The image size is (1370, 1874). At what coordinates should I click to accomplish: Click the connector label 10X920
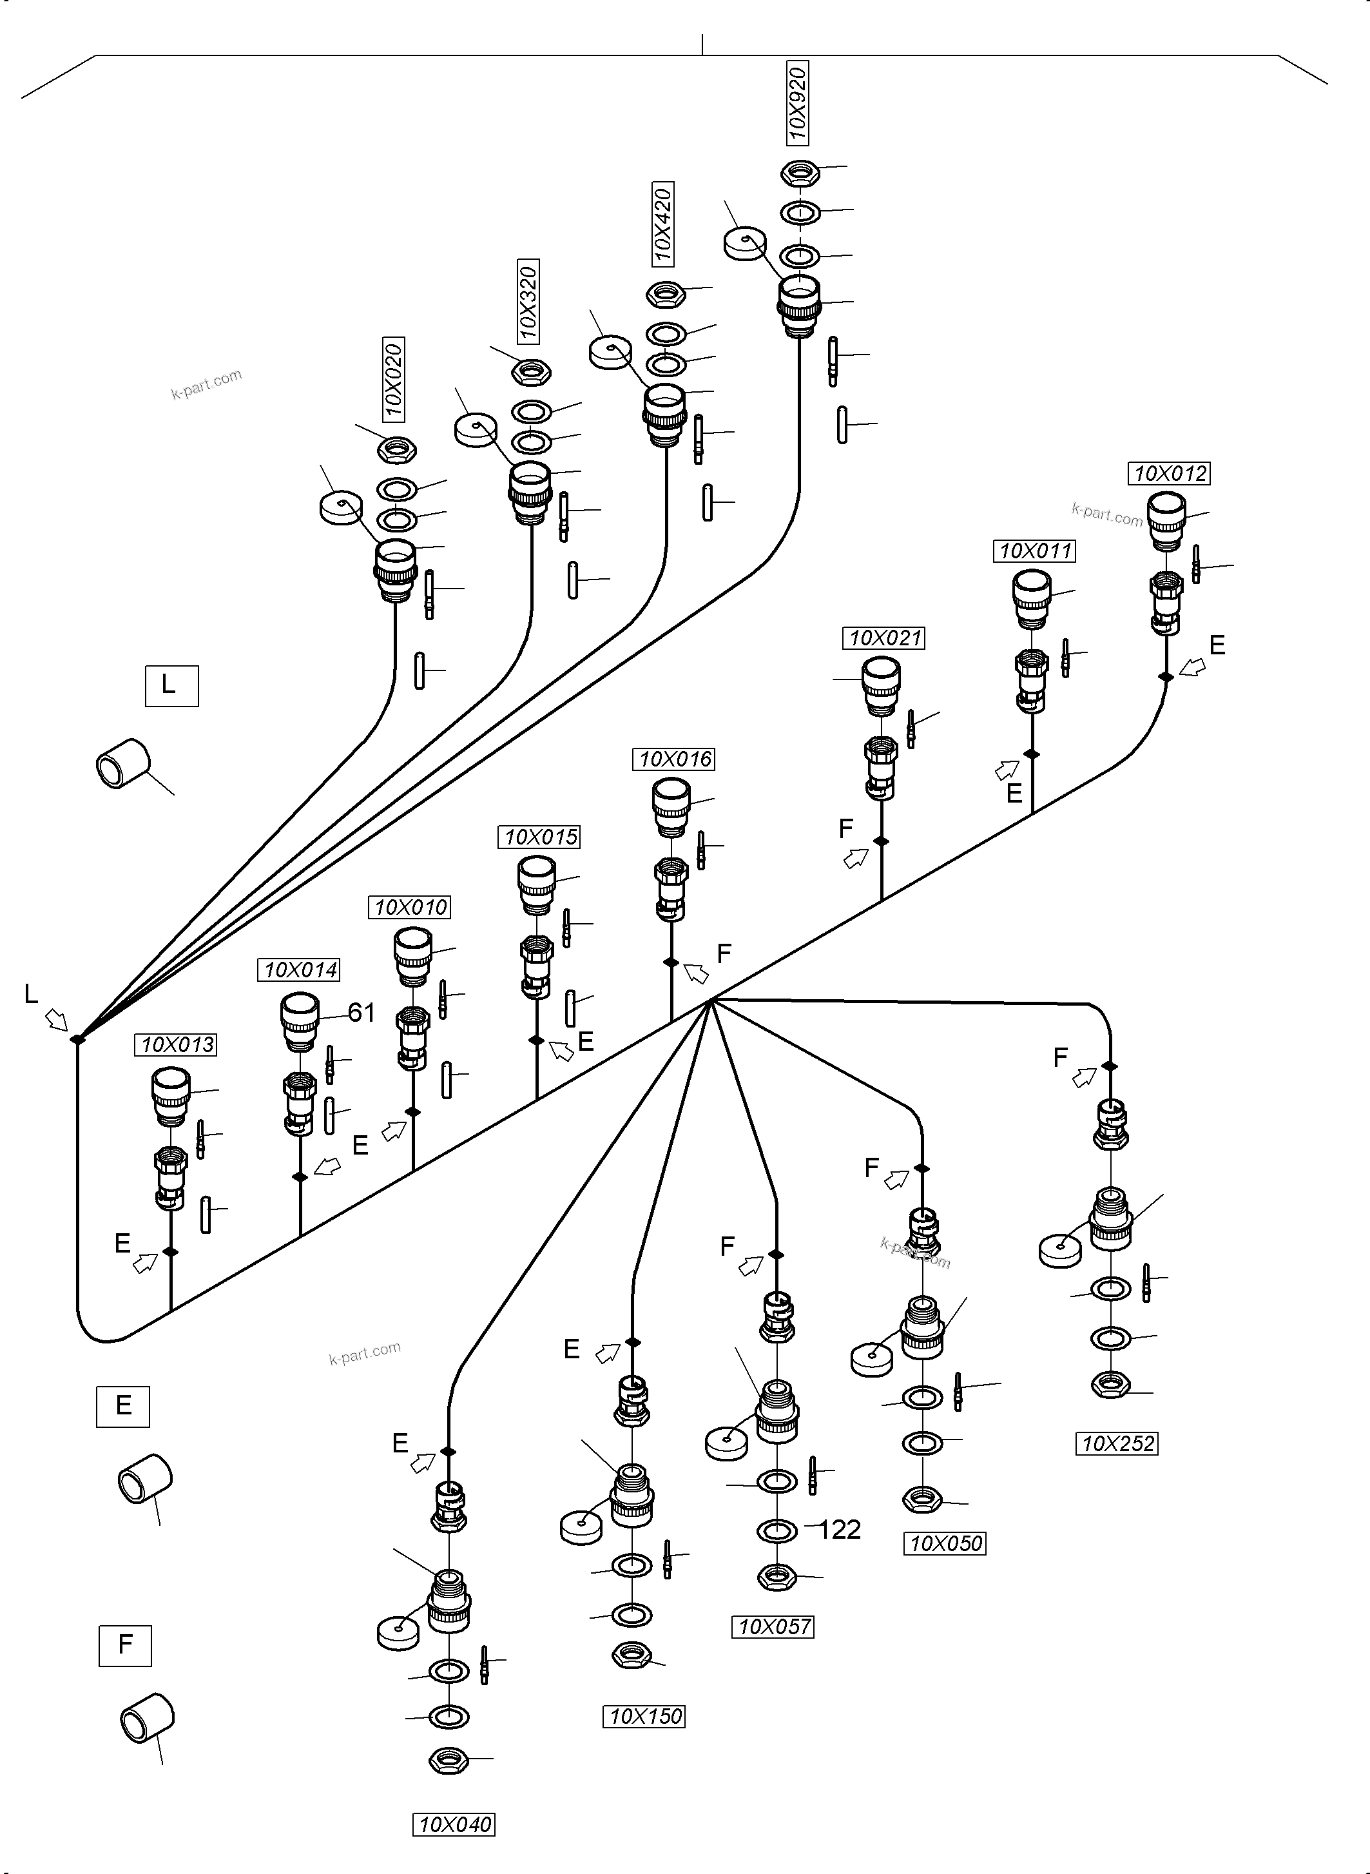click(797, 103)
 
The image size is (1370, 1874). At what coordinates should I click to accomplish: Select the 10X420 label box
click(662, 224)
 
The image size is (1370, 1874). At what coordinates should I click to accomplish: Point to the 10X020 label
click(393, 380)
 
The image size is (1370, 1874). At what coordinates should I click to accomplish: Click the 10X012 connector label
click(1170, 474)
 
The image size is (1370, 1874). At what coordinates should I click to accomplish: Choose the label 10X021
click(885, 638)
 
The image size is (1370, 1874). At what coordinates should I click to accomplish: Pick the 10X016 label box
click(675, 759)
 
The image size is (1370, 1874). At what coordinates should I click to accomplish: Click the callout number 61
click(361, 1012)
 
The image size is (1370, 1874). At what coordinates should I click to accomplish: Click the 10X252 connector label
click(1117, 1443)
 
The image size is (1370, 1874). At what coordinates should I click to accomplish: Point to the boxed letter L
click(171, 685)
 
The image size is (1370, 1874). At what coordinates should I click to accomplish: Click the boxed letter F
click(125, 1645)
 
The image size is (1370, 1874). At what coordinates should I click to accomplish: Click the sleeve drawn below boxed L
click(122, 763)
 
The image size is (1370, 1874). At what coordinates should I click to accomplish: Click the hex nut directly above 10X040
click(449, 1759)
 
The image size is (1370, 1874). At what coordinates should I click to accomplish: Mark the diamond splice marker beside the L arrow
click(77, 1039)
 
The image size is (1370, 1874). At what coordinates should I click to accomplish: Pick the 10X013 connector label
click(176, 1045)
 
